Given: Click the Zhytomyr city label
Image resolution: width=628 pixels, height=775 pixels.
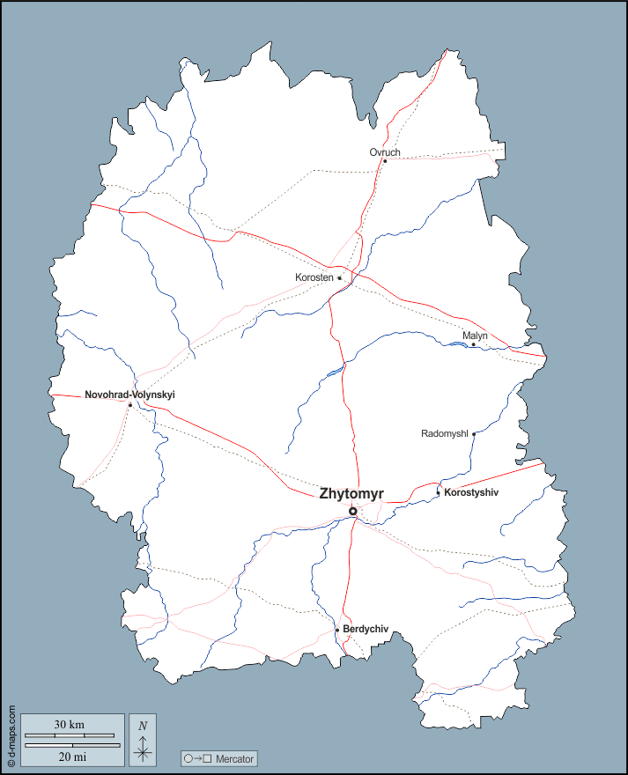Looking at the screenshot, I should pyautogui.click(x=352, y=494).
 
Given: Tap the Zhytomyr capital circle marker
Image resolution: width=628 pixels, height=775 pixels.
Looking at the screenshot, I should pyautogui.click(x=353, y=511).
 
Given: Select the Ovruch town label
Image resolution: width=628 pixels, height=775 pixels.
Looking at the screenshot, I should pyautogui.click(x=385, y=152).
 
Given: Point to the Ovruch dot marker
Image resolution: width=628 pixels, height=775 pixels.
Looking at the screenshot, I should pyautogui.click(x=385, y=161).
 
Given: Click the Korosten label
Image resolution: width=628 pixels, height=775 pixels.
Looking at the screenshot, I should pyautogui.click(x=314, y=277).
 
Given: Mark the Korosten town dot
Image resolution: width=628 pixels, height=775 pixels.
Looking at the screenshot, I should pyautogui.click(x=340, y=278).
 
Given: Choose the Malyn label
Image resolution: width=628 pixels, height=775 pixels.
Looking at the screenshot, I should pyautogui.click(x=475, y=336).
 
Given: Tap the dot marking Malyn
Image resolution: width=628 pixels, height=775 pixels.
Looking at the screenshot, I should pyautogui.click(x=473, y=344).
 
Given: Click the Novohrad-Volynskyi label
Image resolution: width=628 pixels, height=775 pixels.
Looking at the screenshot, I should pyautogui.click(x=129, y=395).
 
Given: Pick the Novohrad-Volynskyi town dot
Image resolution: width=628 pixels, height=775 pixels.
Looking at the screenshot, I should pyautogui.click(x=129, y=405).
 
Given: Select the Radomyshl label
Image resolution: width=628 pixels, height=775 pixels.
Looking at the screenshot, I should pyautogui.click(x=445, y=433).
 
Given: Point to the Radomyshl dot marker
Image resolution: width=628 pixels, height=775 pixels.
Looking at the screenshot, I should pyautogui.click(x=474, y=433).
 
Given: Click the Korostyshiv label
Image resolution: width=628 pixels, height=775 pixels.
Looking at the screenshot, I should pyautogui.click(x=471, y=492).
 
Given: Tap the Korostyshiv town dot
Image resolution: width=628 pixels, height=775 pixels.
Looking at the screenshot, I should pyautogui.click(x=439, y=492).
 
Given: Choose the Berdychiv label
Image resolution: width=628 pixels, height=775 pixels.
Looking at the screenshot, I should pyautogui.click(x=366, y=630).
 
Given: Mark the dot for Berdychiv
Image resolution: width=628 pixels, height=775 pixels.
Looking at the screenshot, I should pyautogui.click(x=336, y=630).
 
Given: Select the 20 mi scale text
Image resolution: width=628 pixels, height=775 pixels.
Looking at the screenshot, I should pyautogui.click(x=72, y=756).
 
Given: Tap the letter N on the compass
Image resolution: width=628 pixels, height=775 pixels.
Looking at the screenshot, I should pyautogui.click(x=143, y=725).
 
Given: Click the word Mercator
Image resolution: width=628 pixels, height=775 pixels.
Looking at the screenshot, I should pyautogui.click(x=234, y=757).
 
